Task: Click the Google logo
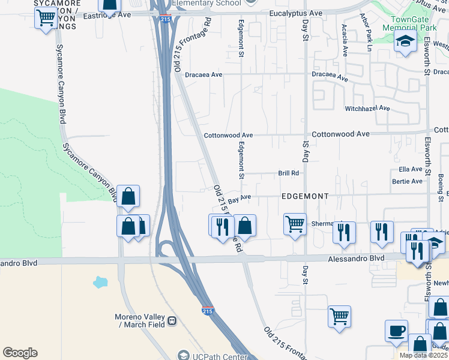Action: (20, 353)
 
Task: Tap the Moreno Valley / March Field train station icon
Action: (172, 320)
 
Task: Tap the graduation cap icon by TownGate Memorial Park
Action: (406, 41)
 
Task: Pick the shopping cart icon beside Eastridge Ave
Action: (46, 17)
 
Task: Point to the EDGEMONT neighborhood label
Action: (306, 196)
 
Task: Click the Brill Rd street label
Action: (289, 173)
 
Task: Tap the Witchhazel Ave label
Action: (367, 109)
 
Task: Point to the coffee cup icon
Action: (396, 331)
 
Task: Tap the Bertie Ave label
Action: (408, 181)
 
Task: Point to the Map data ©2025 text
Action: (423, 355)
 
